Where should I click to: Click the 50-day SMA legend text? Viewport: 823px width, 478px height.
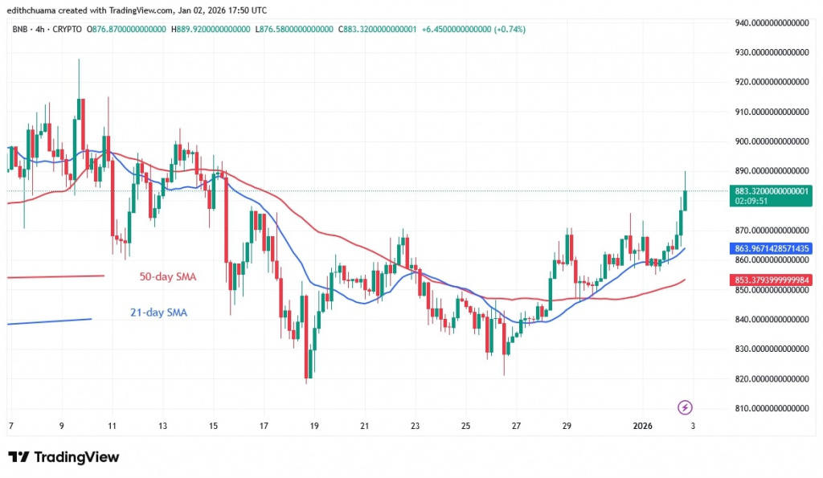pyautogui.click(x=168, y=276)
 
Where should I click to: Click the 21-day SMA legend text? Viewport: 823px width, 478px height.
pyautogui.click(x=158, y=313)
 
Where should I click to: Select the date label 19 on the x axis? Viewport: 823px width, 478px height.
pyautogui.click(x=314, y=425)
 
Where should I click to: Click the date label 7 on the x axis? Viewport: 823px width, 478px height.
pyautogui.click(x=10, y=425)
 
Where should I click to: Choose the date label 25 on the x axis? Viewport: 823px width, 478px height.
pyautogui.click(x=466, y=425)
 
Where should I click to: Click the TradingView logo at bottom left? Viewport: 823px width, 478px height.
pyautogui.click(x=64, y=457)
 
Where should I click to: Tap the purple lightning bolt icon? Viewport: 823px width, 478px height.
pyautogui.click(x=685, y=407)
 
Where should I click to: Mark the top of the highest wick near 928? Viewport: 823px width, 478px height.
pyautogui.click(x=79, y=59)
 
